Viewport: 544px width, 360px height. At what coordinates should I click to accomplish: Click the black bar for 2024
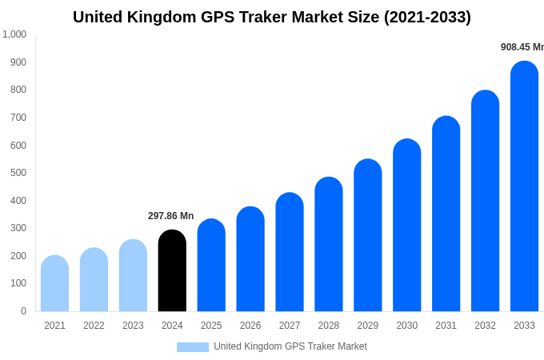point(172,271)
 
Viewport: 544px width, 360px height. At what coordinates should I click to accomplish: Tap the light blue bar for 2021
point(54,284)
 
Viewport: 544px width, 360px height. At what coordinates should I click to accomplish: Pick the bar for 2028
point(329,245)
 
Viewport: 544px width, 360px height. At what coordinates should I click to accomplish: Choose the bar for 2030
point(406,226)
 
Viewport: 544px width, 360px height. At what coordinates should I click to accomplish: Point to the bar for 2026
point(250,259)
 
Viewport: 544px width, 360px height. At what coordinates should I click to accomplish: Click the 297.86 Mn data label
point(170,216)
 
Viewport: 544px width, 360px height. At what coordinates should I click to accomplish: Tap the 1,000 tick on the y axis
point(14,34)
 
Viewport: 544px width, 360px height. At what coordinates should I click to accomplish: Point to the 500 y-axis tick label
point(18,173)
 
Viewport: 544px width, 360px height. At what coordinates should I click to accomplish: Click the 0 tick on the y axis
point(23,311)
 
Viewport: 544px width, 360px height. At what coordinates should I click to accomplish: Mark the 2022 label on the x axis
point(94,326)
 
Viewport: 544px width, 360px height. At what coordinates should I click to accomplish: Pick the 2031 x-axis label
point(446,326)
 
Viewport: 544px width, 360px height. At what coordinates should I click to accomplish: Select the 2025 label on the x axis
point(211,326)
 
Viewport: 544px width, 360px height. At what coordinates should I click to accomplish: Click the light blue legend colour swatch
point(193,347)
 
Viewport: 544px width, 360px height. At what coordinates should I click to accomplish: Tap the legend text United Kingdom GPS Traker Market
point(290,346)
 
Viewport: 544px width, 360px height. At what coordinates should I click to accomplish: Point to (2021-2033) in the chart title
point(427,17)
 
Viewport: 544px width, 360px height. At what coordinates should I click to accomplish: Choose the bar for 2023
point(133,276)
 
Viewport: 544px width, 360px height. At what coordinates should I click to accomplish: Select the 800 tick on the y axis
point(18,90)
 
